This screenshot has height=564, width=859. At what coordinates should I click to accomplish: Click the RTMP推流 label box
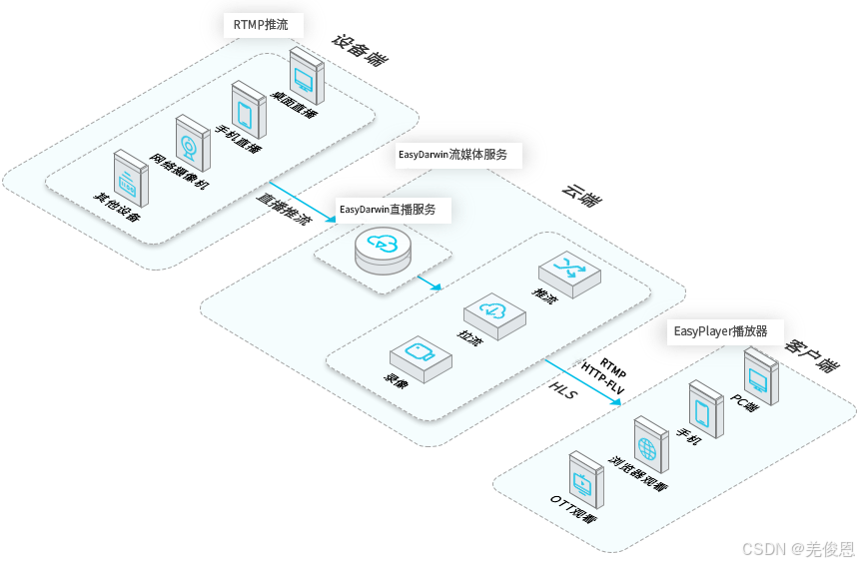(x=261, y=25)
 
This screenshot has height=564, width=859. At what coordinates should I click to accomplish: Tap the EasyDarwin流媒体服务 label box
(x=452, y=155)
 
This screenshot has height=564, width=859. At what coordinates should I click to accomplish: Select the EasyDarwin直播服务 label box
(x=388, y=211)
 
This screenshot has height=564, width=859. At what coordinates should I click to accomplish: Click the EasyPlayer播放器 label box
(x=720, y=331)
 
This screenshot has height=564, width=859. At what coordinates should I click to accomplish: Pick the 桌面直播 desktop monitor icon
(x=307, y=73)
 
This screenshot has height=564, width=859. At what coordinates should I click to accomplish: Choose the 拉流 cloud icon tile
(x=494, y=315)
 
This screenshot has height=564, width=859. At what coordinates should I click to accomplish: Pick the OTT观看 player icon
(x=583, y=478)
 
